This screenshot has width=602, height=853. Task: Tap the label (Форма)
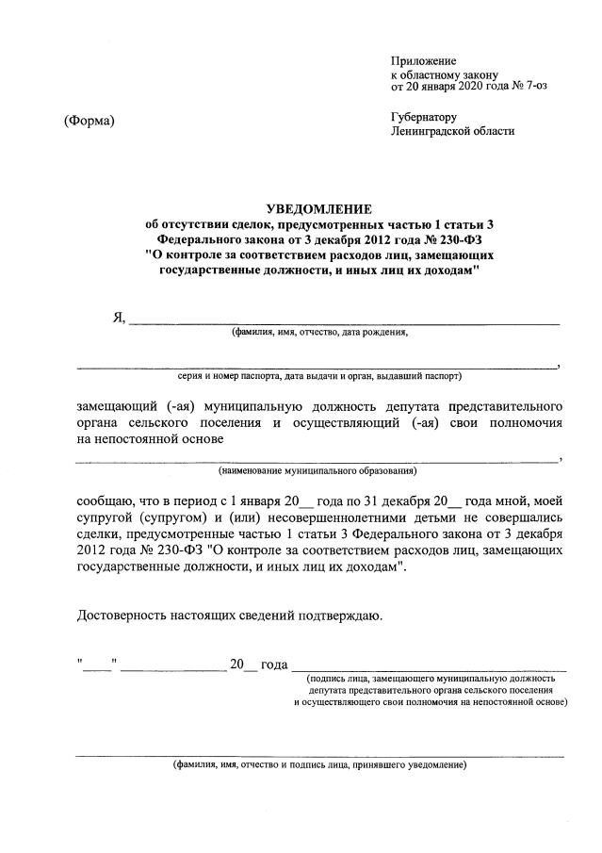click(89, 121)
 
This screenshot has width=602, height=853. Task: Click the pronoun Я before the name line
click(119, 317)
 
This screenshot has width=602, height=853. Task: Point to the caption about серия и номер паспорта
click(319, 375)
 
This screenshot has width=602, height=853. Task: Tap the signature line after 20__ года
click(430, 667)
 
